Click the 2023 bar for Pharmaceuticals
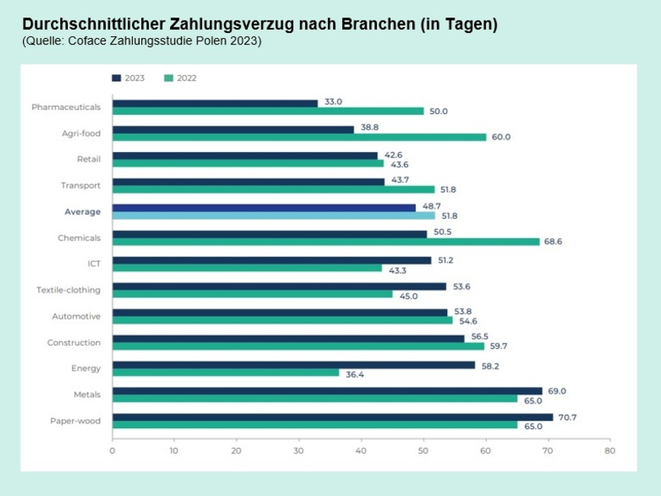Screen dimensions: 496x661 coord(215,103)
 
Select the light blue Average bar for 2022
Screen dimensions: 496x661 coord(273,216)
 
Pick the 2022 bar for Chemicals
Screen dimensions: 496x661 coord(326,242)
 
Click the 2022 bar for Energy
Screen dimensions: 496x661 coord(226,373)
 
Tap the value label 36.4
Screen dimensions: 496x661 coord(355,373)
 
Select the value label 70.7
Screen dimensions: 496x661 coord(568,417)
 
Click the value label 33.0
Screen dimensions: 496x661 coord(333,102)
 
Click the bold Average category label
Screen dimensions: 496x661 coord(83,212)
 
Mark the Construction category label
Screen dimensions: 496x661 coord(74,342)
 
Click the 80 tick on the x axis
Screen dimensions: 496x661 coord(609,451)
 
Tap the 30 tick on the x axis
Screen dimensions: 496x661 coord(298,451)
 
